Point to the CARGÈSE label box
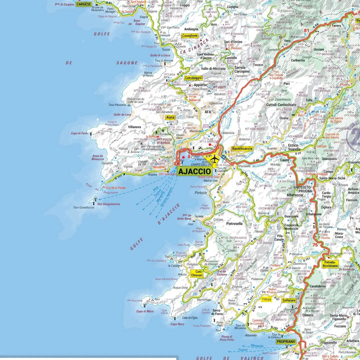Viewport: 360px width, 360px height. [83, 4]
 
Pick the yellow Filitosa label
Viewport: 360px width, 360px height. [266, 299]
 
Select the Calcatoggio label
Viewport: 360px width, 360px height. [193, 78]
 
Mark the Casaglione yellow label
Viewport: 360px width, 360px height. [190, 36]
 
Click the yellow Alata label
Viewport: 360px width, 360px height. [170, 117]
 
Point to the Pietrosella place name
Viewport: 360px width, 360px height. [234, 223]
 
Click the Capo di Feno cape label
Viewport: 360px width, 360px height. [79, 133]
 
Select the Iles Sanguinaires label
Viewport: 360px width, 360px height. [108, 204]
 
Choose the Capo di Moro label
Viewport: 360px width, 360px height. [145, 311]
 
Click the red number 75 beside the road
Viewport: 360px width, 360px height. [314, 245]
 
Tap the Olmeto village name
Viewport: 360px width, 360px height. [308, 315]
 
